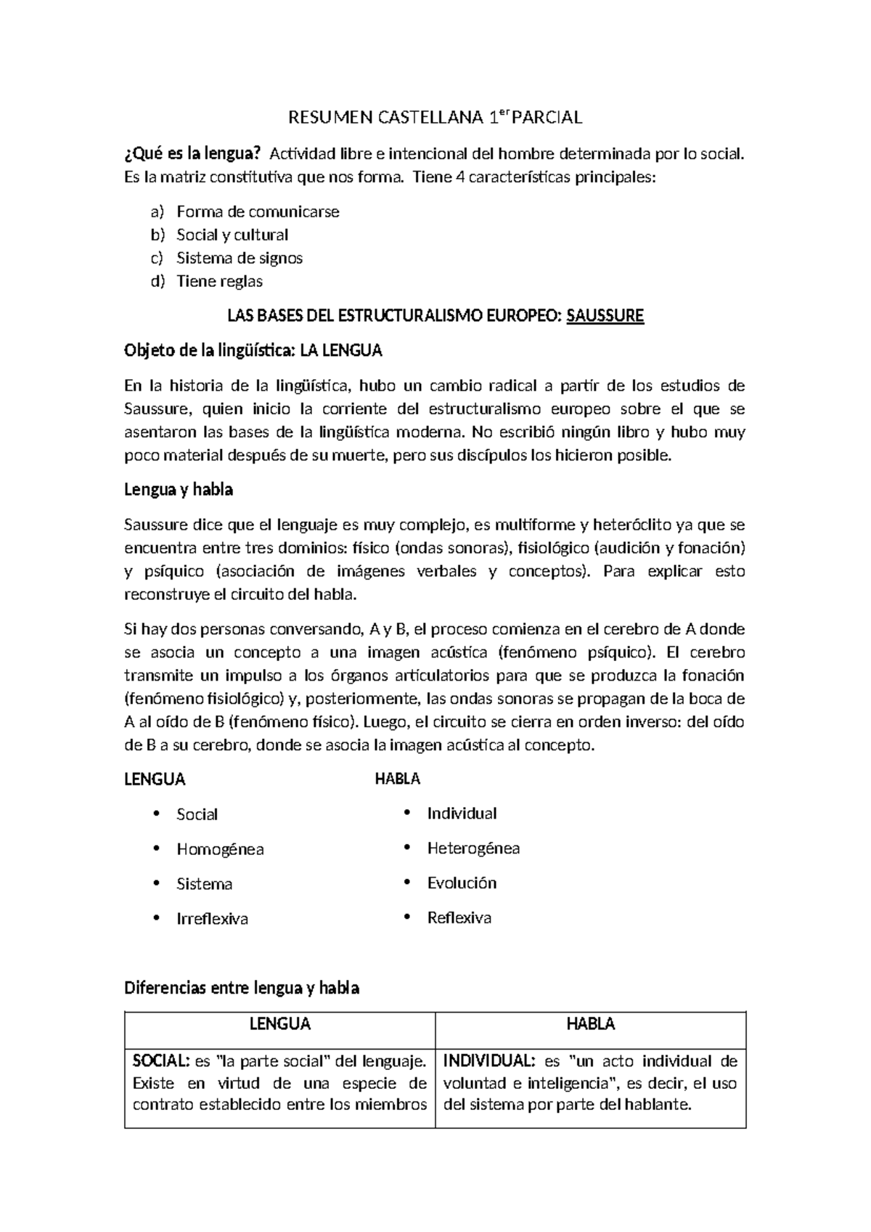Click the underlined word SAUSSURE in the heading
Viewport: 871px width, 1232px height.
click(x=605, y=316)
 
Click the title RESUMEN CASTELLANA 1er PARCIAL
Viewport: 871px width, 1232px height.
click(x=435, y=118)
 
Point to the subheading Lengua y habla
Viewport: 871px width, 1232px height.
click(x=179, y=490)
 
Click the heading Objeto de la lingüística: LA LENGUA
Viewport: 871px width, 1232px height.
click(x=253, y=351)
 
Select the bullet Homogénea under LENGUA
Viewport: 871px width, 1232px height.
click(x=220, y=849)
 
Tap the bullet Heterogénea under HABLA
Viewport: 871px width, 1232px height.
click(x=473, y=848)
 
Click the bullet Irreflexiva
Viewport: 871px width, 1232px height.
click(x=212, y=919)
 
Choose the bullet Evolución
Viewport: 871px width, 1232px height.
click(x=462, y=883)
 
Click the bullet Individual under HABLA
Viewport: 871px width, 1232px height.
click(x=462, y=813)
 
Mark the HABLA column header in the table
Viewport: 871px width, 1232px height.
click(x=590, y=1024)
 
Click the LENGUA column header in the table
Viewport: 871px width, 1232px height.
click(x=280, y=1024)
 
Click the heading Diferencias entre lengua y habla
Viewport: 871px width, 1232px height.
click(x=242, y=988)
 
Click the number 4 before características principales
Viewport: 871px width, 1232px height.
click(x=459, y=177)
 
